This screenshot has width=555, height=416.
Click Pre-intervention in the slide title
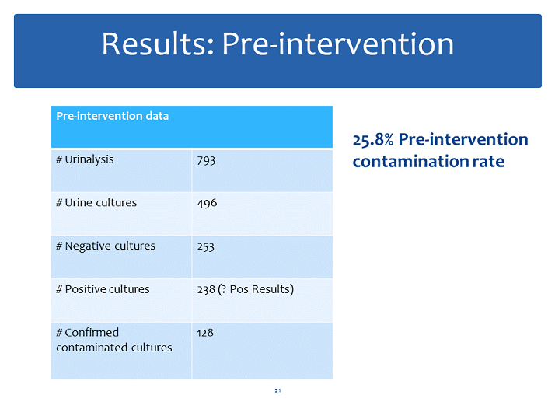(338, 44)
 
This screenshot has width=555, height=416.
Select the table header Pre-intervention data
(112, 116)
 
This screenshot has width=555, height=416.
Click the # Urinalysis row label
(85, 159)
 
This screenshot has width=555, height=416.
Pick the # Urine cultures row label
(96, 202)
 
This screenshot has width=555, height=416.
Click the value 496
(207, 202)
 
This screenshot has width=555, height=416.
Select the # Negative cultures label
(106, 246)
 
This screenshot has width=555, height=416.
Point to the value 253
(206, 246)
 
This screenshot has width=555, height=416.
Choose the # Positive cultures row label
(103, 289)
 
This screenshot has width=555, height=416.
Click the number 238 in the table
(206, 289)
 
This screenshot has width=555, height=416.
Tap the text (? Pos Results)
(257, 289)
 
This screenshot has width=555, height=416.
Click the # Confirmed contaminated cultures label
(113, 340)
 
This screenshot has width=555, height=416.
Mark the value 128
(205, 332)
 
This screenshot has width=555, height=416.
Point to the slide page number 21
(277, 390)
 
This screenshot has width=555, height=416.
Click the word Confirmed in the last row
(92, 332)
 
